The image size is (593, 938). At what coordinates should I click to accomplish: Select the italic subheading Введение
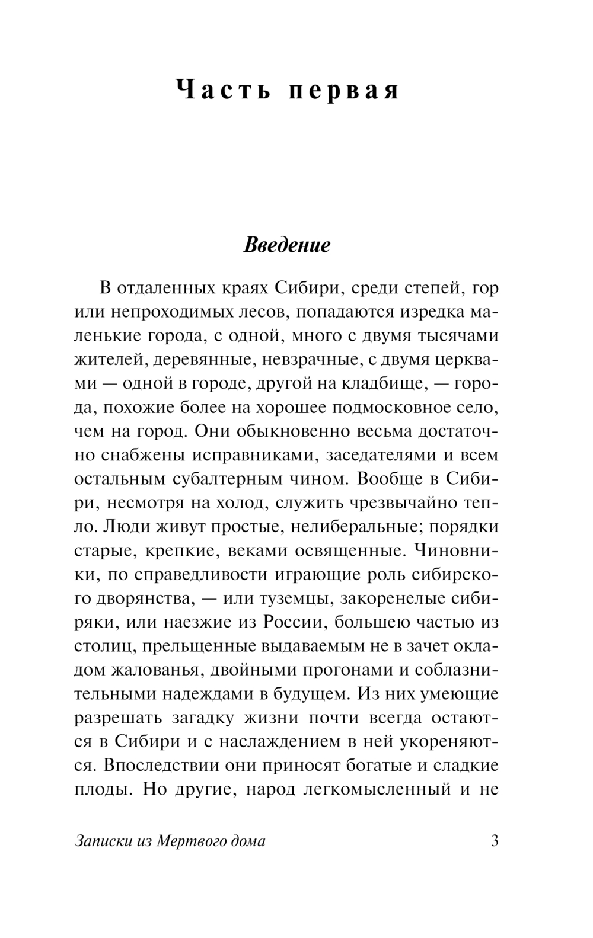coord(288,245)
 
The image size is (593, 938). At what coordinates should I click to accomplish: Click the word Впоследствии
coord(153,766)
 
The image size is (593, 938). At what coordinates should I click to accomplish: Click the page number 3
coord(494,841)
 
